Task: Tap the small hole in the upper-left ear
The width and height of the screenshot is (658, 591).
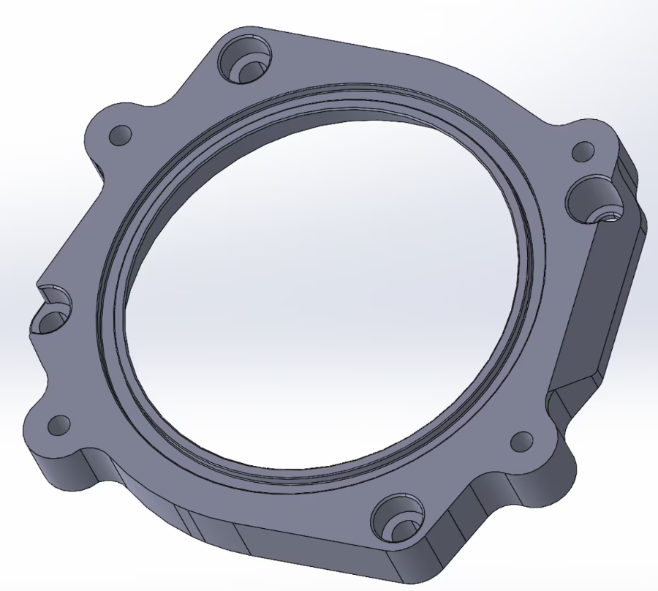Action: click(120, 135)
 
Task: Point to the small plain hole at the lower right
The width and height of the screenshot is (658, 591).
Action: click(522, 441)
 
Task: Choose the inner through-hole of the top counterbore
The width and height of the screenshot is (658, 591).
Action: click(252, 71)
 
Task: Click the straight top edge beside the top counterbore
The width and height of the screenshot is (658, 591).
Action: click(344, 44)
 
